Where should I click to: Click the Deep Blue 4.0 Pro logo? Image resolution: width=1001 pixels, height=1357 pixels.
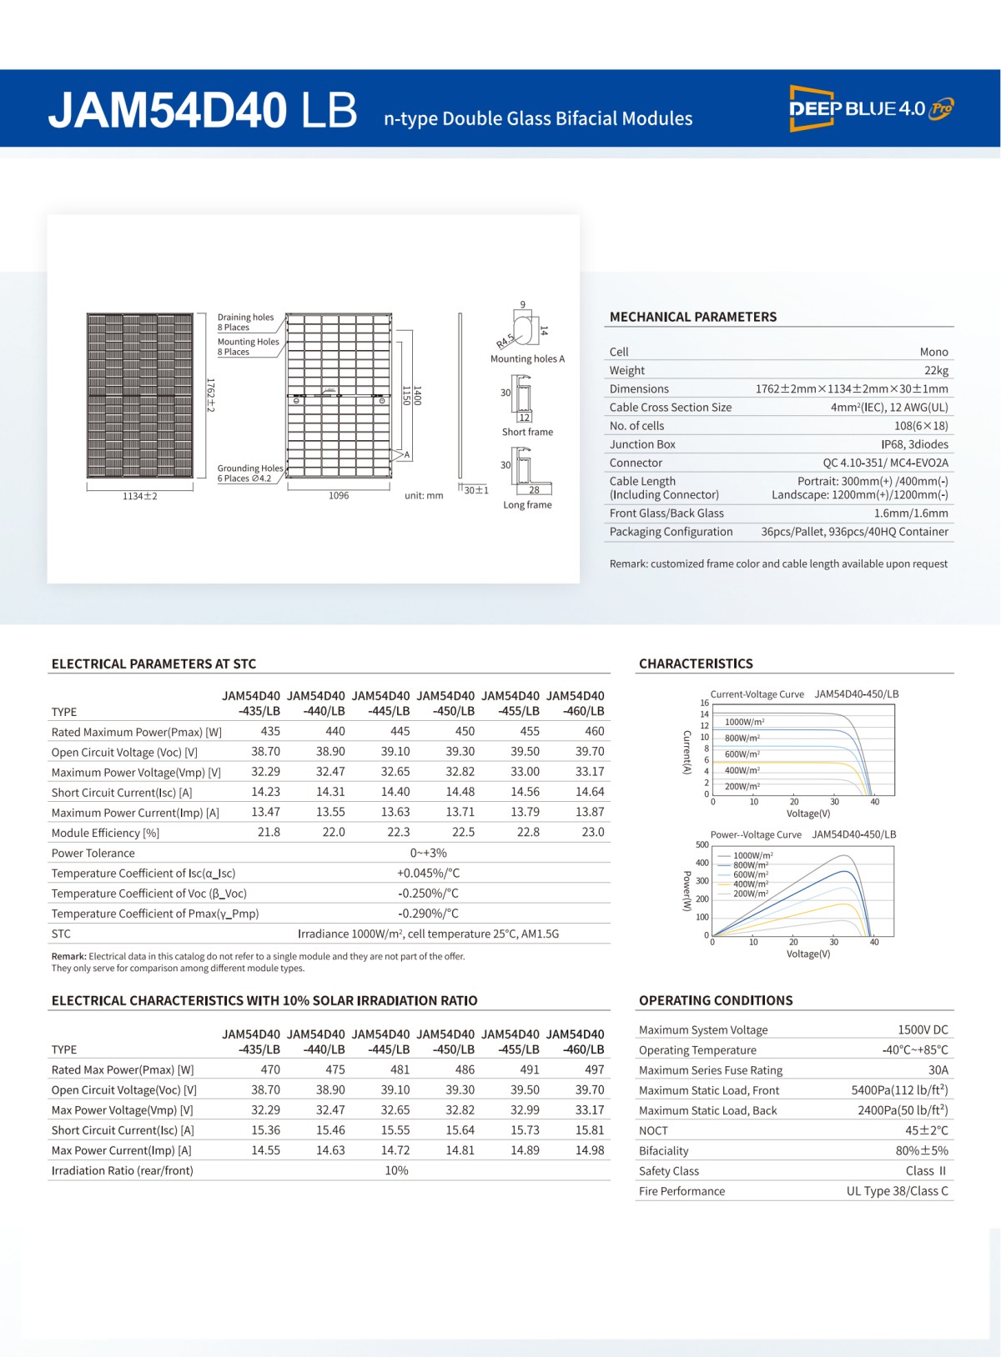[871, 108]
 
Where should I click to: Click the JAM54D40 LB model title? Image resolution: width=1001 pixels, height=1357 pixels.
[203, 111]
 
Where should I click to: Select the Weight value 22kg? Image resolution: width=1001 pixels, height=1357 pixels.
[936, 371]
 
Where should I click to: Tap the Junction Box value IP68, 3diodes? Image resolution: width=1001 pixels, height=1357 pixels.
[914, 444]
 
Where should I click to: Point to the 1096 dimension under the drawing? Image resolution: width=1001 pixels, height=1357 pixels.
[339, 496]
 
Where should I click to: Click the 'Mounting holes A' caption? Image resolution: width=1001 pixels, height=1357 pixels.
[527, 359]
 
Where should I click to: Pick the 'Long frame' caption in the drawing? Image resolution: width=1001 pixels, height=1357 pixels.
[527, 505]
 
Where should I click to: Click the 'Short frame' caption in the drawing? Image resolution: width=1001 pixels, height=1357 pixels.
[527, 432]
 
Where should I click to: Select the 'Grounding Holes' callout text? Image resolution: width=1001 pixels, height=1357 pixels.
[250, 468]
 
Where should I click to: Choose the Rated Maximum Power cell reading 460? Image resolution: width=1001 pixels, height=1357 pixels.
[594, 732]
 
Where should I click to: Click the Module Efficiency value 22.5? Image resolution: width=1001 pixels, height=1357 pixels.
[463, 833]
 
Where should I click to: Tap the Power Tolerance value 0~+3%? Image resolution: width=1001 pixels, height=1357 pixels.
[428, 854]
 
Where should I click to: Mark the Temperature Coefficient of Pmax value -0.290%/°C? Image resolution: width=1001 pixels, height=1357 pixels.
[428, 914]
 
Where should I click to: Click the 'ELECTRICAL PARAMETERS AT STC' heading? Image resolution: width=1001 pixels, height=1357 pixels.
[153, 664]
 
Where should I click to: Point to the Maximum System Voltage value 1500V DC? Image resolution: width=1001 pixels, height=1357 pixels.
[923, 1030]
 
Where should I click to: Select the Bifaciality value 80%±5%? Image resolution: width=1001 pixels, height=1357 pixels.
[922, 1151]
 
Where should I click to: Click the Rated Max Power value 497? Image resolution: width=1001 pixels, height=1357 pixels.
[594, 1070]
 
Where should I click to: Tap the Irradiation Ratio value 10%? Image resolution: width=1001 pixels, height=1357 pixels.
[396, 1171]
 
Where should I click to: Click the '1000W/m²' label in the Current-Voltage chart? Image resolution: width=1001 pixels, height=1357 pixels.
[744, 722]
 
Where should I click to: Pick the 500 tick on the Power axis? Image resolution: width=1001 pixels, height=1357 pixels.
[702, 845]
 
